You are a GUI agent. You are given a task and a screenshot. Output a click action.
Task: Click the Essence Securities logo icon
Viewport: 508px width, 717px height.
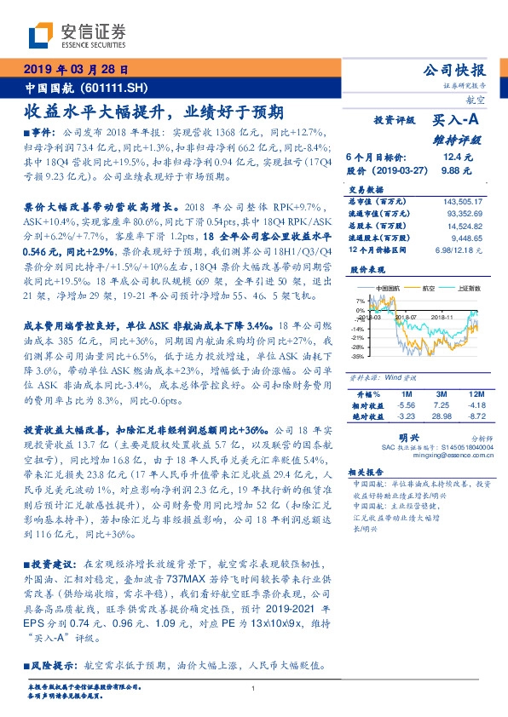tap(40, 36)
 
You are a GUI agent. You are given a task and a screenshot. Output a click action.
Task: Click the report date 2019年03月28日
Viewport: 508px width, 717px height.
tap(75, 69)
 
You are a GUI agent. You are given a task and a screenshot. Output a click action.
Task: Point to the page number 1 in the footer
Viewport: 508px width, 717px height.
tap(254, 688)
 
